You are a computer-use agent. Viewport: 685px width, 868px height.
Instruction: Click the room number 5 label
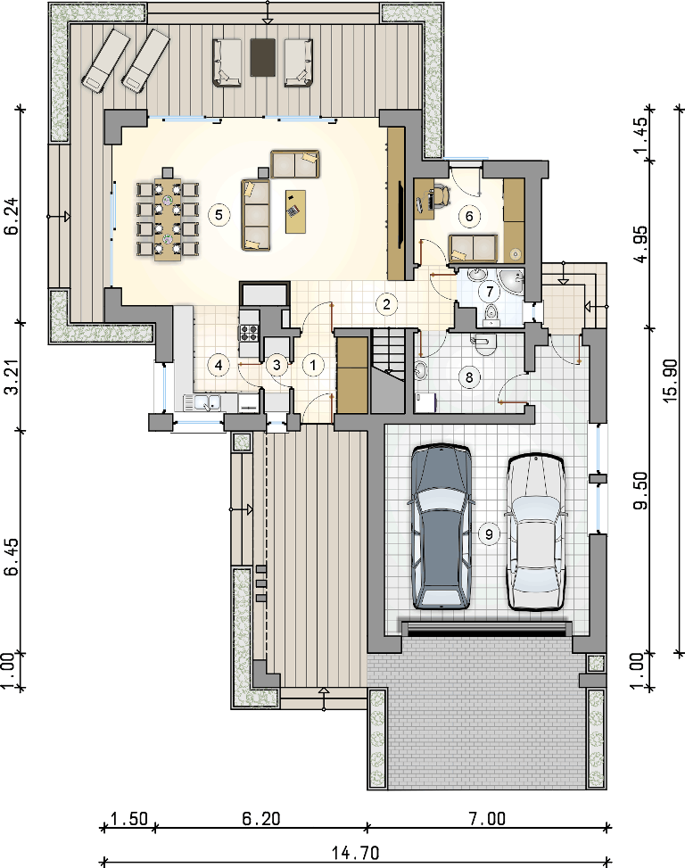tap(219, 214)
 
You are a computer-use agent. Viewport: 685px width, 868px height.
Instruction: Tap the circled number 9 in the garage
tap(489, 533)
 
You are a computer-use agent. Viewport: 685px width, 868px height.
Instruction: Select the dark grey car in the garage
tap(441, 526)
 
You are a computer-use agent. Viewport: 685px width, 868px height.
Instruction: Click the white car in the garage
tap(536, 533)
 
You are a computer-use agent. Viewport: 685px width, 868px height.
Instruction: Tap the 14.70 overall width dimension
tap(356, 852)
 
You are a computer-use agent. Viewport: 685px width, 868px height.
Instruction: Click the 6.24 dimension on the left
tap(13, 217)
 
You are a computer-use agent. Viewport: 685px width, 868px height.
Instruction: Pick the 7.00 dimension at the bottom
tap(487, 818)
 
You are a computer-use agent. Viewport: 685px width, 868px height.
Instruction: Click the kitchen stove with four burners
tap(249, 333)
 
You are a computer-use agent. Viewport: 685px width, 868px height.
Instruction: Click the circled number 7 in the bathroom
tap(489, 291)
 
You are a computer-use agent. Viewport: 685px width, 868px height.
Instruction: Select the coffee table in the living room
tap(295, 211)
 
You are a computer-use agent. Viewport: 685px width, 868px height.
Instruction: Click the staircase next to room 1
tap(387, 370)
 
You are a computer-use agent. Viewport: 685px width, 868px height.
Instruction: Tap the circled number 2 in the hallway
tap(386, 303)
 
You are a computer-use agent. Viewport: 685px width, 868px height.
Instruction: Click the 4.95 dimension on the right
tap(640, 244)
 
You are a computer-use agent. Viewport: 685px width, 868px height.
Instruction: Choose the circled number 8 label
tap(469, 377)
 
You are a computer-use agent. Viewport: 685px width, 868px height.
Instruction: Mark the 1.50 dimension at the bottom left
tap(129, 818)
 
